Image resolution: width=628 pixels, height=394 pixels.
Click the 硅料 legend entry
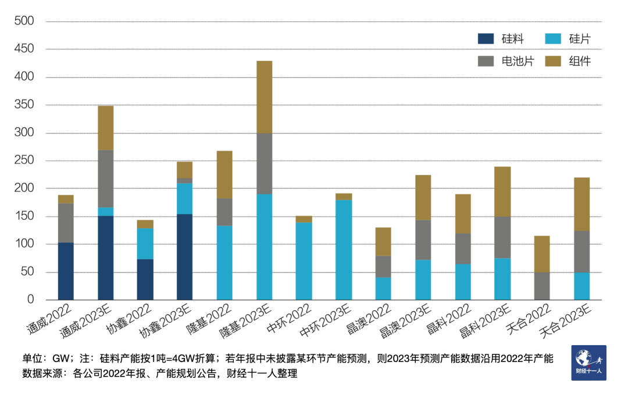(501, 39)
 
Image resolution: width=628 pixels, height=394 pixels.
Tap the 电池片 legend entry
(505, 61)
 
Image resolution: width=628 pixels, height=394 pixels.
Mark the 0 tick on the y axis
(31, 300)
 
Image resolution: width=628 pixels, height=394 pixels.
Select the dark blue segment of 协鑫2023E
(185, 257)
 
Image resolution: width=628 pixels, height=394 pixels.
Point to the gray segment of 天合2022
(542, 286)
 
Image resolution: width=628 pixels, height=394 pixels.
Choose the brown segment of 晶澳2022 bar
(383, 242)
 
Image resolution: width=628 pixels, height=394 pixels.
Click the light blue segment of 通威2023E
(105, 212)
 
